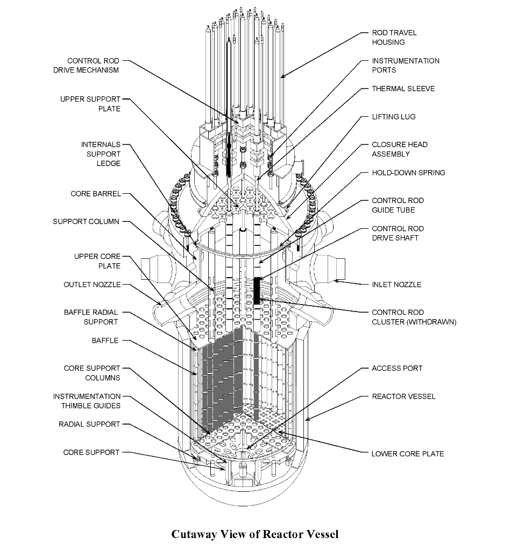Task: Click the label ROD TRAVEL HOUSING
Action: [394, 37]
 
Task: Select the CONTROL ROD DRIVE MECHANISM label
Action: [93, 66]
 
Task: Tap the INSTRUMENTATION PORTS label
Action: [405, 65]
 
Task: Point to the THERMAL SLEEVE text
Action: [403, 89]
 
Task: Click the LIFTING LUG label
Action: [393, 117]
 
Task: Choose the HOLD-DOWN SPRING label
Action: [408, 173]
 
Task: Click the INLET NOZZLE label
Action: [396, 285]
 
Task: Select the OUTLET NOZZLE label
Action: [92, 285]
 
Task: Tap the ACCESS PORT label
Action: [396, 369]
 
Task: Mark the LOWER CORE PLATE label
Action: [407, 454]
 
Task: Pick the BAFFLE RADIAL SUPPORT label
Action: [91, 317]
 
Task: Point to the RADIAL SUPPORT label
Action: [89, 425]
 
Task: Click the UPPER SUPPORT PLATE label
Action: [90, 104]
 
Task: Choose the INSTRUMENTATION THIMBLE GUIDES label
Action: [87, 401]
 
